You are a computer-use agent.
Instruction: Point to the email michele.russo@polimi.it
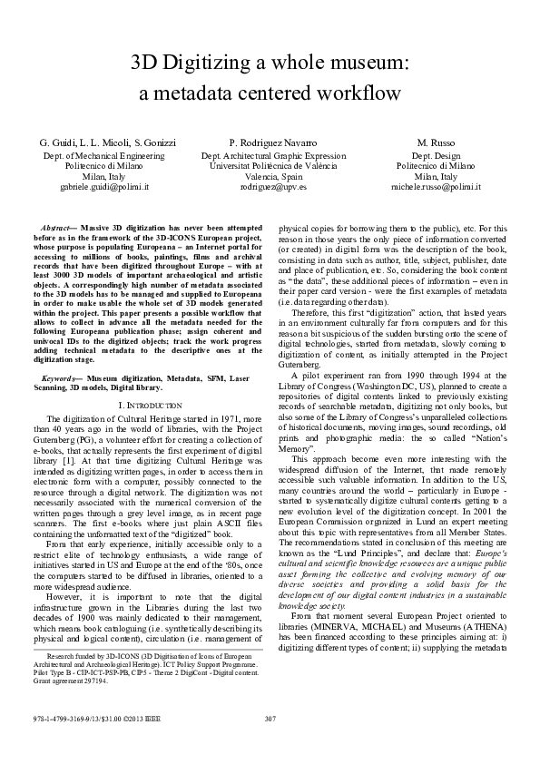tap(436, 186)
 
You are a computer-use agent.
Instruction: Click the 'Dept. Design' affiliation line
tap(436, 156)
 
